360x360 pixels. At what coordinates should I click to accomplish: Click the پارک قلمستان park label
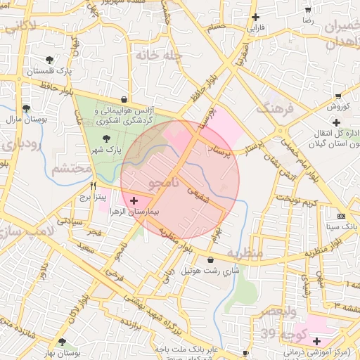tap(49, 72)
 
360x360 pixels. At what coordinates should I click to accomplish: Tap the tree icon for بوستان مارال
tap(26, 108)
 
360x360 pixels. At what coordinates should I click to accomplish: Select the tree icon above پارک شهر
tap(106, 139)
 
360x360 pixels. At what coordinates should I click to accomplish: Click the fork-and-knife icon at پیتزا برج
tap(93, 186)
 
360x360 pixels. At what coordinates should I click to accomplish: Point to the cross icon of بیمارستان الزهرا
tap(134, 201)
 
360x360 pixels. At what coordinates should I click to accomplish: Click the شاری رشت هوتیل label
tap(211, 270)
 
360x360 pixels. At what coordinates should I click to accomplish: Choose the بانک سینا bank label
tap(342, 227)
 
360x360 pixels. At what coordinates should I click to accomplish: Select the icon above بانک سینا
tap(342, 216)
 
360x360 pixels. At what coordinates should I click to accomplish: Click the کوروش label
tap(338, 107)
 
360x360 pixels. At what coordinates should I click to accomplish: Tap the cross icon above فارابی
tap(256, 17)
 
